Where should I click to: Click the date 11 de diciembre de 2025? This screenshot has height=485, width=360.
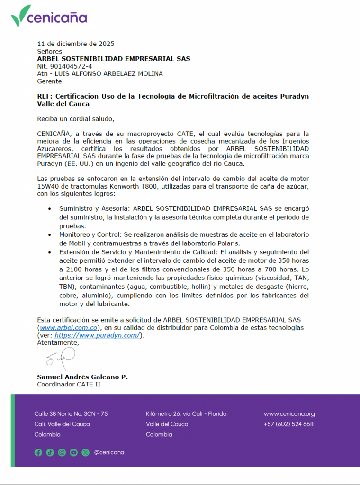click(76, 44)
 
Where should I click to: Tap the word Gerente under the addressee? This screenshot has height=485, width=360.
click(49, 81)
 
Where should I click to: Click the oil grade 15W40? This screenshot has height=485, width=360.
click(48, 186)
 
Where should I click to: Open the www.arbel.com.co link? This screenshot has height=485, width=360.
click(69, 328)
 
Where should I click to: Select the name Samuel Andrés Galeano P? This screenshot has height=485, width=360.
click(82, 377)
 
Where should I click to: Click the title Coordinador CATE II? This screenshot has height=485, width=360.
click(69, 384)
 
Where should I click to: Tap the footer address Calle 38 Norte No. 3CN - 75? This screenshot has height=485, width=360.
click(71, 413)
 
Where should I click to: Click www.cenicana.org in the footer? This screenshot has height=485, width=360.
click(289, 413)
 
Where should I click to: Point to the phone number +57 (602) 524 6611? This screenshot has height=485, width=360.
click(288, 424)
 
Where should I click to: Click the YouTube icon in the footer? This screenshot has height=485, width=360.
click(73, 452)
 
